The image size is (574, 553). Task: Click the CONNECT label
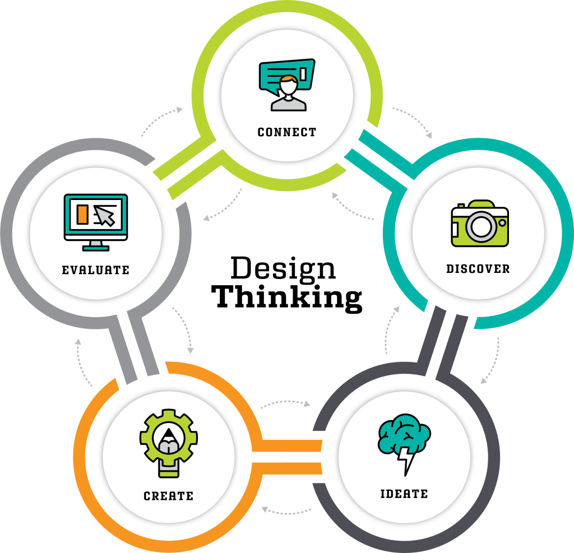286,132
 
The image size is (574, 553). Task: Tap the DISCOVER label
478,268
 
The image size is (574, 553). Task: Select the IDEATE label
404,494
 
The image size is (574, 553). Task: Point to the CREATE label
168,496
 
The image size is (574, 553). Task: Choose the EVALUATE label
95,270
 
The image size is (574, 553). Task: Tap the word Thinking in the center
286,297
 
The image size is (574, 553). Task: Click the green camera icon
480,223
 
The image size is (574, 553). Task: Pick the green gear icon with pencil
169,443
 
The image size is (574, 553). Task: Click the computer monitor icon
95,222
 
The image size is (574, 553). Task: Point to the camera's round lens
481,226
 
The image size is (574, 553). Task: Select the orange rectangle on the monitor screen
82,214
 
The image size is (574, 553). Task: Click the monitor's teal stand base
95,249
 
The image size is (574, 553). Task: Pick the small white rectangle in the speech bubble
303,73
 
